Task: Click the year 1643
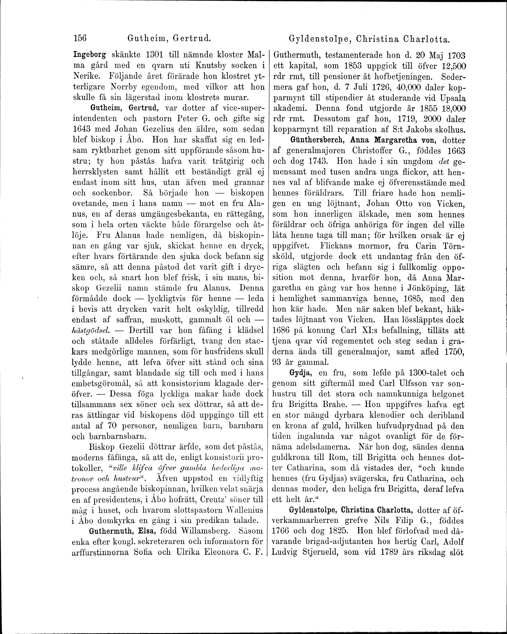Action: (x=83, y=129)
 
